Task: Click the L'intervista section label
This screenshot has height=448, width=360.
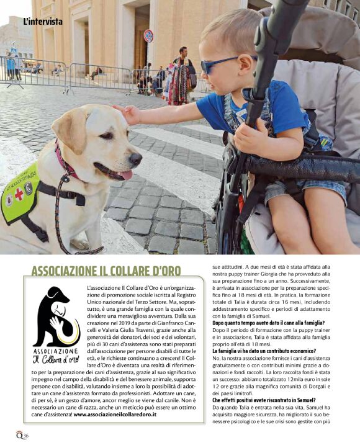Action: [42, 22]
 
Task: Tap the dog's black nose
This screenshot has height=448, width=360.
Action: [136, 158]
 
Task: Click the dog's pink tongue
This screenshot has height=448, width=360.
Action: [127, 176]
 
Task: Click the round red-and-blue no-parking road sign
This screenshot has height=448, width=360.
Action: [148, 36]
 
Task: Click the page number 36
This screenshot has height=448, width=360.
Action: [25, 435]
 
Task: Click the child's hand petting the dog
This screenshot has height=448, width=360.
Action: [127, 114]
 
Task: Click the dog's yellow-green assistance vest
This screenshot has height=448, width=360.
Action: [19, 193]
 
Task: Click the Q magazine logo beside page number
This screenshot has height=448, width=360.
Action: [19, 435]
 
